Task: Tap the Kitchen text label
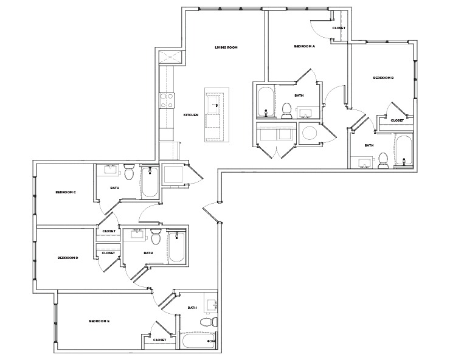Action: tap(192, 115)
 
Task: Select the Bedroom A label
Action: tap(304, 46)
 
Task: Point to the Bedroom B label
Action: tap(384, 78)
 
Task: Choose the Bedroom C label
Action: tap(65, 192)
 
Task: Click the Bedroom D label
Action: tap(67, 258)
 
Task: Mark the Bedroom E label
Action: tap(99, 320)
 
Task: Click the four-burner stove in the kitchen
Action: tap(167, 100)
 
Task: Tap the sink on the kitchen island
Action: tap(214, 105)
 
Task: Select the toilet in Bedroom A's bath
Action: tap(287, 109)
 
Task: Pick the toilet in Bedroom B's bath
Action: tap(383, 160)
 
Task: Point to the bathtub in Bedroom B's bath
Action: tap(404, 151)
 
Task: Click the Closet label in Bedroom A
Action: tap(339, 29)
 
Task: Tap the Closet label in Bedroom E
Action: tap(160, 340)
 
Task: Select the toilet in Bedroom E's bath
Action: tap(206, 322)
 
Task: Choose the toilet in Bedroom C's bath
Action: tap(129, 173)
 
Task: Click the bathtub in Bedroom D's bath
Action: tap(177, 246)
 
